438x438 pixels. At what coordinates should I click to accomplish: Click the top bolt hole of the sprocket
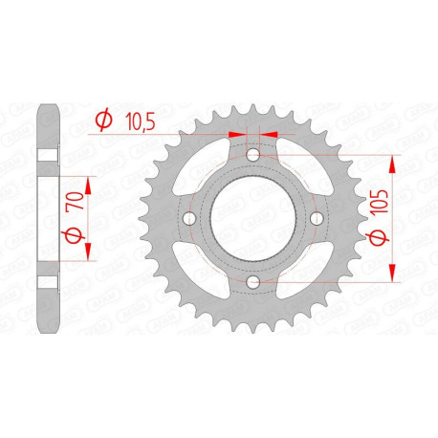[x=253, y=155]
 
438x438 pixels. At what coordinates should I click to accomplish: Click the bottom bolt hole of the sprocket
[x=253, y=282]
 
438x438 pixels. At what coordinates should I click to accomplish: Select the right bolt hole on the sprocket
[x=317, y=218]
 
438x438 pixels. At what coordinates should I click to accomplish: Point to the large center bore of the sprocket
[x=253, y=218]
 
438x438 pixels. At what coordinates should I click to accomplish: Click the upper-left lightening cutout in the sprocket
[x=207, y=172]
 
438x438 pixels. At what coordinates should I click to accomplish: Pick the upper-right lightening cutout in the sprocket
[x=300, y=172]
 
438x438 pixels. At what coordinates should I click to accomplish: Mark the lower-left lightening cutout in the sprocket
[x=207, y=265]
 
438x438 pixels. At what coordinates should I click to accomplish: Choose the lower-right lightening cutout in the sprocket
[x=300, y=265]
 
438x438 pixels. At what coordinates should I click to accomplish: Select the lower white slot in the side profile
[x=47, y=283]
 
